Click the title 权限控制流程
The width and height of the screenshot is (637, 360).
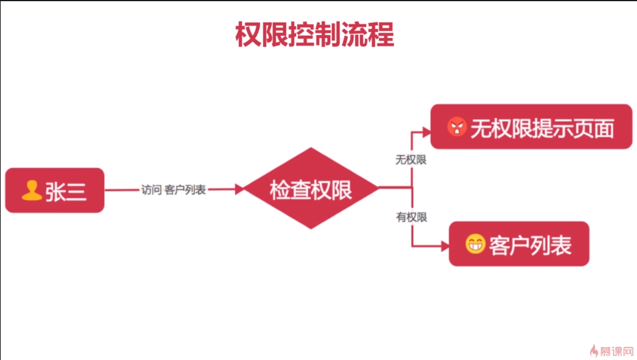315,35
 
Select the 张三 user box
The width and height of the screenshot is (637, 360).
55,190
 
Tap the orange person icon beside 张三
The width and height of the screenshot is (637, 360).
31,190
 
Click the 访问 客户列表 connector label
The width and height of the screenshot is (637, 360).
173,190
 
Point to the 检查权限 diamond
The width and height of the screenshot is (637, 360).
311,189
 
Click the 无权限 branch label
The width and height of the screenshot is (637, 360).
411,160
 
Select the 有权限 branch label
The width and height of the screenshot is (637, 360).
411,217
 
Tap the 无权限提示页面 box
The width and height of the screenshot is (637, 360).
531,127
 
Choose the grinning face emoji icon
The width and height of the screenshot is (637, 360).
475,244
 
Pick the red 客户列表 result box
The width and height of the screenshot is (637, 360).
519,244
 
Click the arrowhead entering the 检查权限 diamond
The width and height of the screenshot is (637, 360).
240,190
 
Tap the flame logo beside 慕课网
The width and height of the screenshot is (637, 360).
594,350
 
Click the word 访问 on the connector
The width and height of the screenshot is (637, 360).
151,190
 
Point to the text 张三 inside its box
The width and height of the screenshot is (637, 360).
65,191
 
